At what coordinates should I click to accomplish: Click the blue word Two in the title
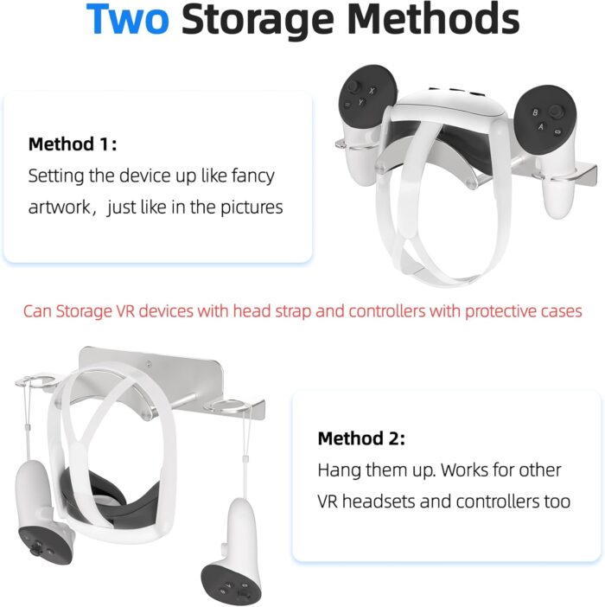[128, 19]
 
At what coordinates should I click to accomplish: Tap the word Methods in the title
[433, 19]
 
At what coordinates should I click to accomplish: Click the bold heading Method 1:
[73, 144]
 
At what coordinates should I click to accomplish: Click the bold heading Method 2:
[361, 438]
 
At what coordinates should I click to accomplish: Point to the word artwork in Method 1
[59, 208]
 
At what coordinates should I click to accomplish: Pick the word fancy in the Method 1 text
[253, 177]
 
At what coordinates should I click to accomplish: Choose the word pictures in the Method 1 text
[252, 208]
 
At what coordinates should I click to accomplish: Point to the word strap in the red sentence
[293, 311]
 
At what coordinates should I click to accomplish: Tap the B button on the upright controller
[535, 112]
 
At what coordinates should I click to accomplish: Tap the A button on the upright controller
[541, 126]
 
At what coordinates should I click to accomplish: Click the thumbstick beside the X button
[353, 86]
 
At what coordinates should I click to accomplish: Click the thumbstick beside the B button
[557, 111]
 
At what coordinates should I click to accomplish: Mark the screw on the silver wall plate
[149, 363]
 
